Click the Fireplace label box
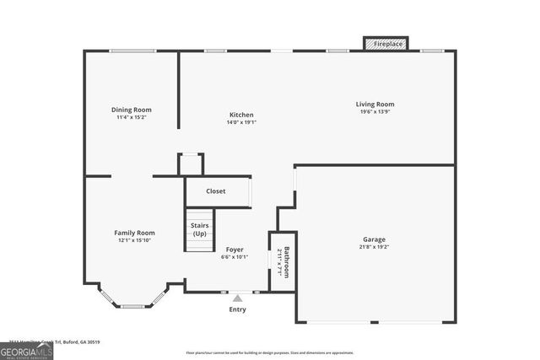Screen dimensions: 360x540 pos(386,43)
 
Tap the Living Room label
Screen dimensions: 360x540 pos(375,105)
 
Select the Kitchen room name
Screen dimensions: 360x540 pos(241,116)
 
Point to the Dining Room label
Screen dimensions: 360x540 pos(132,110)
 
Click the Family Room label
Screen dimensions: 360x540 pos(134,233)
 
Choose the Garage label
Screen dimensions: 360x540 pos(375,239)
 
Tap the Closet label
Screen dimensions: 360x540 pos(216,191)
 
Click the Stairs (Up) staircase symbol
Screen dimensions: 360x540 pos(200,230)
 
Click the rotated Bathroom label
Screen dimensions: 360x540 pos(287,262)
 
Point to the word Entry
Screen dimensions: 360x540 pos(238,309)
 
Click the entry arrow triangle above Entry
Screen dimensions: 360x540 pos(238,298)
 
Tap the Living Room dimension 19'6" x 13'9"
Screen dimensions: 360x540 pos(375,112)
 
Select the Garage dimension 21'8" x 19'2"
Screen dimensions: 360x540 pos(375,247)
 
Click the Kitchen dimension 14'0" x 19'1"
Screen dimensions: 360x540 pos(241,123)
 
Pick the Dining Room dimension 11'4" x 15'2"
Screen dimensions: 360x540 pos(132,117)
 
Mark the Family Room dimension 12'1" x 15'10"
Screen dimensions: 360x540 pos(134,240)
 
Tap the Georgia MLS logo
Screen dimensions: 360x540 pos(26,351)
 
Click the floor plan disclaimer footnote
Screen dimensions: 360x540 pos(270,352)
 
